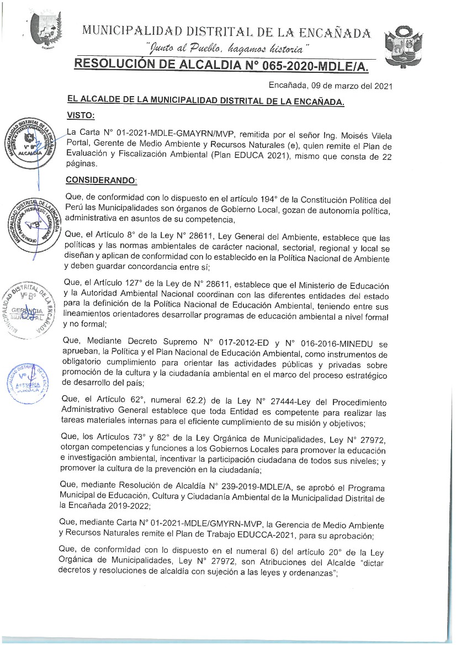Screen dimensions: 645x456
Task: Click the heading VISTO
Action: pyautogui.click(x=80, y=115)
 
